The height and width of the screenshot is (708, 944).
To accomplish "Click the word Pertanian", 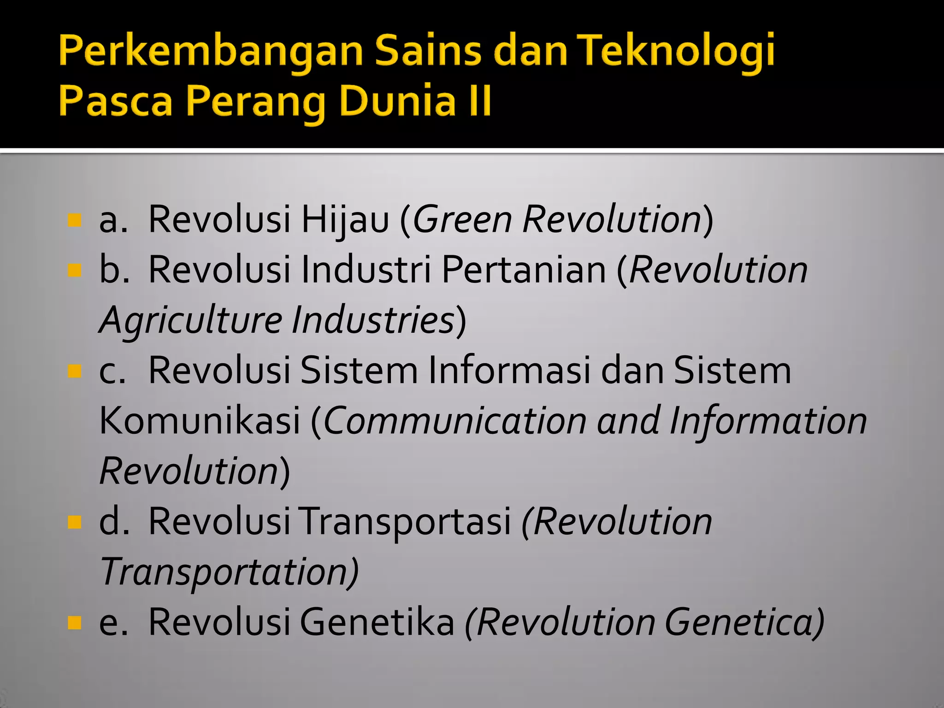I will click(x=524, y=270).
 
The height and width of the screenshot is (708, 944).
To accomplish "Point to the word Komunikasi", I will click(x=200, y=420).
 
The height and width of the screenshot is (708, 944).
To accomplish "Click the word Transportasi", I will click(x=406, y=521).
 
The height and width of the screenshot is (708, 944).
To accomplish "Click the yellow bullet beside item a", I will click(x=74, y=220).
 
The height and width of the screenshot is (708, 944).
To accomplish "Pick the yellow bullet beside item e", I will click(x=74, y=623).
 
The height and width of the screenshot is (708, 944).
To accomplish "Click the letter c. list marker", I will click(x=112, y=371).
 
